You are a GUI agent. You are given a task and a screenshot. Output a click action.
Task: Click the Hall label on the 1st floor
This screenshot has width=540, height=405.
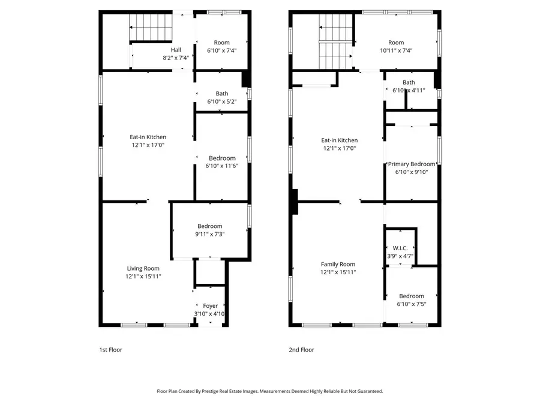tap(176, 50)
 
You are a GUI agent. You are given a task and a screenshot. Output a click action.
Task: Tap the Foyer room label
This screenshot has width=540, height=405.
tap(210, 306)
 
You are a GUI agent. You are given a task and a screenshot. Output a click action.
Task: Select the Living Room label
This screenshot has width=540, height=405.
tap(143, 268)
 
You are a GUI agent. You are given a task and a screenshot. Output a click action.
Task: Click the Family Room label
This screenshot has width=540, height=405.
tap(338, 264)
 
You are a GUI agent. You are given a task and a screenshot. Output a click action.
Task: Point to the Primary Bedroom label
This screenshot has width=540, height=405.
tap(412, 164)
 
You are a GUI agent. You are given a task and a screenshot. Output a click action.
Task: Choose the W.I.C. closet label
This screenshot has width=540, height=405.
tap(400, 248)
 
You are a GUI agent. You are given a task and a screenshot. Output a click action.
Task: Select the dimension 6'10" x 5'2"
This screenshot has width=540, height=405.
tap(222, 101)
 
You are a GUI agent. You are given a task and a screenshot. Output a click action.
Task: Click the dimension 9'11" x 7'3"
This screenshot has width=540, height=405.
tap(210, 234)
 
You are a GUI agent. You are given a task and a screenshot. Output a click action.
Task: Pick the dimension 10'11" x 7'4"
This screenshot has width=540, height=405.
tap(396, 51)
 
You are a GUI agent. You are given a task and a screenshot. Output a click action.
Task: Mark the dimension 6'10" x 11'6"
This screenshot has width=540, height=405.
tap(222, 166)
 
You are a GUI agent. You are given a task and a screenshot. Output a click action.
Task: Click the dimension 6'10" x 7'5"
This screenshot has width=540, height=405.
tap(412, 304)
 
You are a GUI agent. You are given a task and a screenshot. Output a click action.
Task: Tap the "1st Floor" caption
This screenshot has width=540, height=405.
tap(111, 350)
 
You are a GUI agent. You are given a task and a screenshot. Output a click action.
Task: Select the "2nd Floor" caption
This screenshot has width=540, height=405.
tap(301, 350)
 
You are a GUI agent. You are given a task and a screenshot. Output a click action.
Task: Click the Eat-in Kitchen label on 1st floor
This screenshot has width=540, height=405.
tap(148, 137)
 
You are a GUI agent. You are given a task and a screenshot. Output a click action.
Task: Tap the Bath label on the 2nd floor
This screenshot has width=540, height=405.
tap(409, 83)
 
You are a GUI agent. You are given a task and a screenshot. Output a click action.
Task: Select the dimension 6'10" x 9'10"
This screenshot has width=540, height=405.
tap(412, 172)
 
